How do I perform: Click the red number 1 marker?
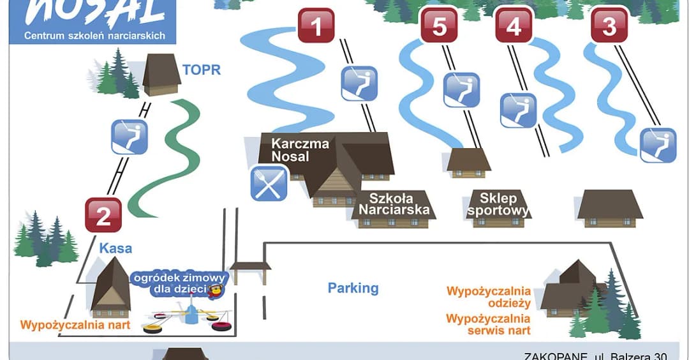316,26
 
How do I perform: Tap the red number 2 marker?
103,215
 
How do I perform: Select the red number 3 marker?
609,26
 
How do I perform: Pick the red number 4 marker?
513,26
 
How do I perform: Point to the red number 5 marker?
440,26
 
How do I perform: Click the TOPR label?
202,70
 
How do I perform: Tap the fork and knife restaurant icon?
269,183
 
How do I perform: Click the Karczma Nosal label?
300,150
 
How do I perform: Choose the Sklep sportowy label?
498,204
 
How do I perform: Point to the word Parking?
353,288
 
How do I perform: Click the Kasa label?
115,248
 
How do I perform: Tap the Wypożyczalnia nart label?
75,325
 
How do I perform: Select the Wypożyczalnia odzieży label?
489,298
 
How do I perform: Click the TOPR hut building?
161,74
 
